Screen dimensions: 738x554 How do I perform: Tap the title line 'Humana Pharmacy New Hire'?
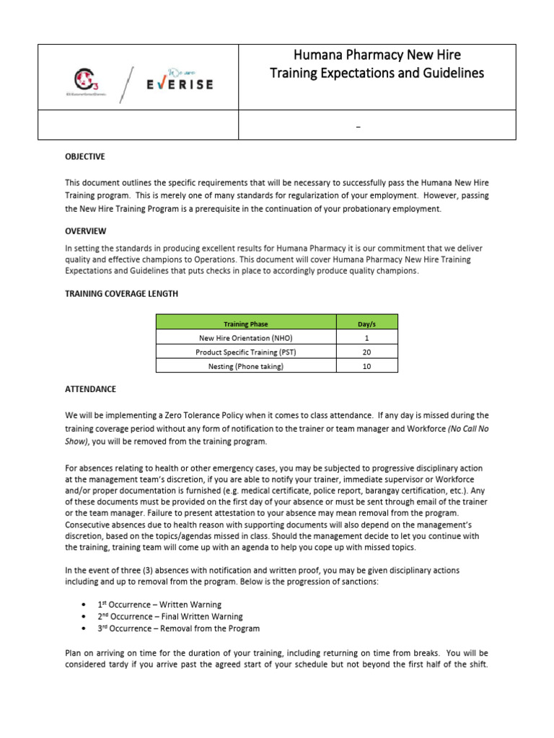[377, 55]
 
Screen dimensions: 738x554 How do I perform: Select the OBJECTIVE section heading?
[85, 156]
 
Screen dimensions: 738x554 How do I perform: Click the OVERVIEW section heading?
[85, 231]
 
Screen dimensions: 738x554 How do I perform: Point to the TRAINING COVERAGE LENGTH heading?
[121, 294]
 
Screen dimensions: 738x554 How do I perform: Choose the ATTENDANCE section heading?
[90, 389]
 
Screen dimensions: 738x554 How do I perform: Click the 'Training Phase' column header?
[246, 323]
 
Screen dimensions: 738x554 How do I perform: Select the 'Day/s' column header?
[366, 323]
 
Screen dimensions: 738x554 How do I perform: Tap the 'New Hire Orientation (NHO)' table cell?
[246, 337]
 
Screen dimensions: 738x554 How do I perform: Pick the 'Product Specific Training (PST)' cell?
[246, 352]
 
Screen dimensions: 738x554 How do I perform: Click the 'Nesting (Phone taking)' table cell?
[246, 366]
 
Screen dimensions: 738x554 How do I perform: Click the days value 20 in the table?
[366, 352]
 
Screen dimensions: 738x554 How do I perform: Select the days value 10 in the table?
[366, 366]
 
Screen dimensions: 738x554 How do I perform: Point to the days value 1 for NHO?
[366, 337]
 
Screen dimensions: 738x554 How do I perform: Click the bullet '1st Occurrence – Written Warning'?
[159, 605]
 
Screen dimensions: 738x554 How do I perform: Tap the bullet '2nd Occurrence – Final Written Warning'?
[170, 617]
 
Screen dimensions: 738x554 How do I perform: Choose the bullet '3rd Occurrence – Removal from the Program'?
[178, 629]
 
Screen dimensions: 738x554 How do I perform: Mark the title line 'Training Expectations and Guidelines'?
[377, 74]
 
